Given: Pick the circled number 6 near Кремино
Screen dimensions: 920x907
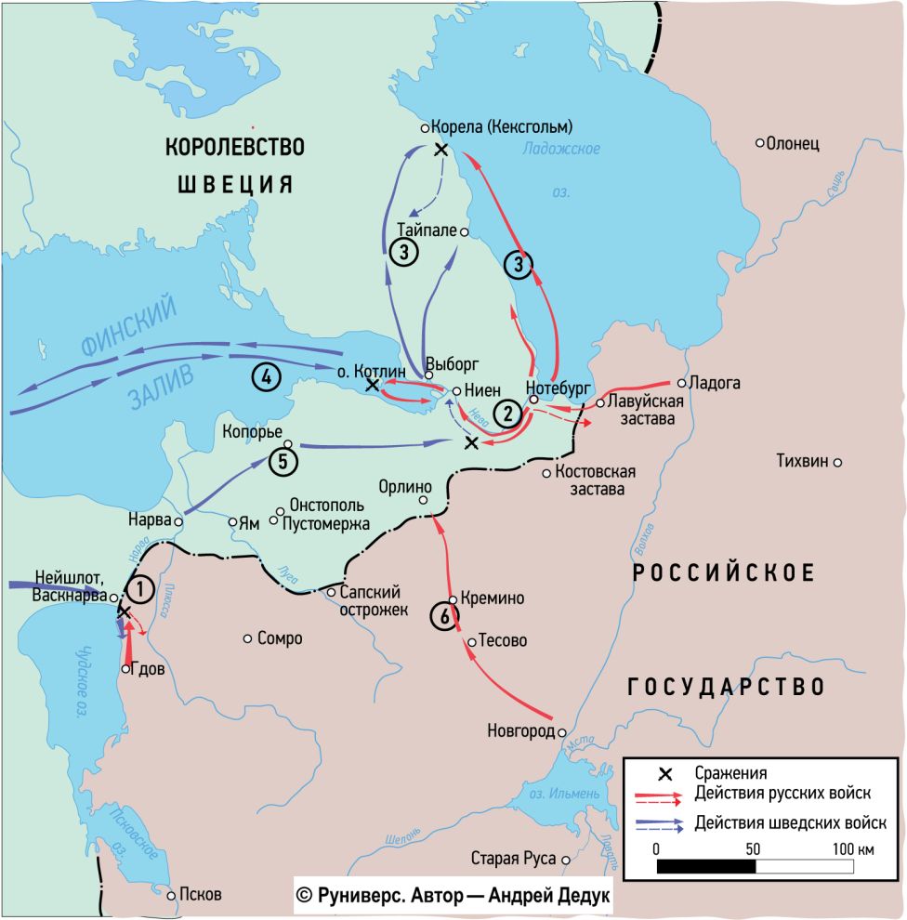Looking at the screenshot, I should (x=445, y=616).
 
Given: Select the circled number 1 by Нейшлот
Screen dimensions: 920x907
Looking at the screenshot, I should (x=139, y=589).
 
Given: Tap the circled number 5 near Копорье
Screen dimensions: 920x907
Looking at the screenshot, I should (x=283, y=460).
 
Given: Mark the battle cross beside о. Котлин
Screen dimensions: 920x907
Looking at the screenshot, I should (x=372, y=384).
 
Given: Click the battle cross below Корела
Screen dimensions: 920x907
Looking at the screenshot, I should (x=440, y=150).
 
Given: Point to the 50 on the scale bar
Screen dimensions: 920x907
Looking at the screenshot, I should (x=754, y=849).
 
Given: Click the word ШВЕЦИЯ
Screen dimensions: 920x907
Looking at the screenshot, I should (x=235, y=183).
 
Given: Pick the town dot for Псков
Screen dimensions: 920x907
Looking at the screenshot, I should (x=171, y=895).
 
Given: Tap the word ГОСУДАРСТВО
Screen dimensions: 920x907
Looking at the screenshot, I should (x=727, y=687).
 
